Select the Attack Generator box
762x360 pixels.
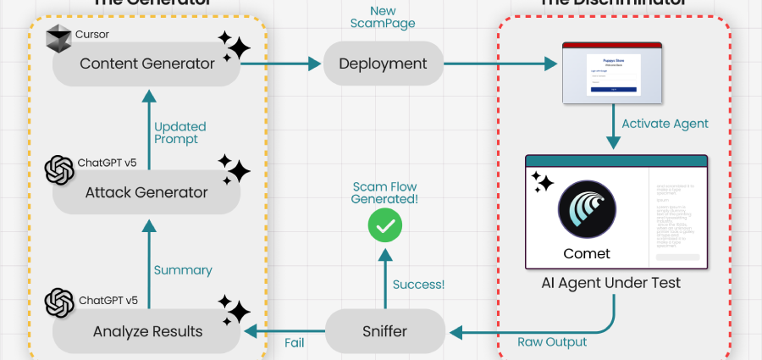146,192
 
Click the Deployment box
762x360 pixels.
384,64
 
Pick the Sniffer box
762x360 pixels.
386,331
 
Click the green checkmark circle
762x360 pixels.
385,225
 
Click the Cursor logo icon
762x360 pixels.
59,39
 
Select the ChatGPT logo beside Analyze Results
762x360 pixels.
60,303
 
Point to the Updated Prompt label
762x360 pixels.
179,133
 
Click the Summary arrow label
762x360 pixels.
183,270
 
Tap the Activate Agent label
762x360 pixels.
665,124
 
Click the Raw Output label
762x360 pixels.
551,343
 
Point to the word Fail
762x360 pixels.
294,343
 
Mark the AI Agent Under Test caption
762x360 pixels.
611,283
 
